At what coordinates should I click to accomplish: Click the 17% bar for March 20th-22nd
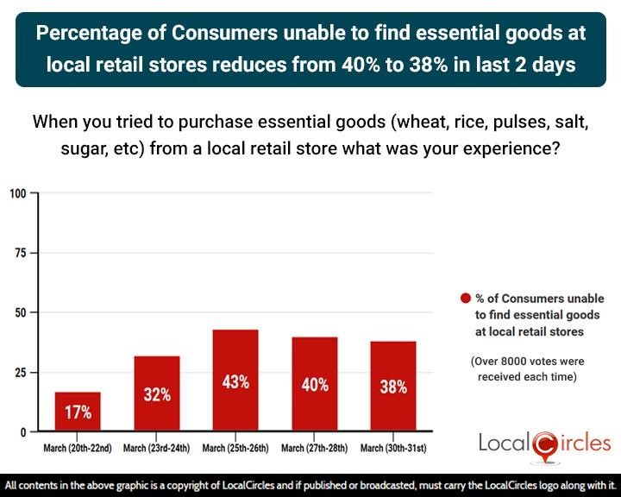coord(78,412)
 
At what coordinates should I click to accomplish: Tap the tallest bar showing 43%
coord(235,381)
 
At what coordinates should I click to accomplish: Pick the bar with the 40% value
coord(315,384)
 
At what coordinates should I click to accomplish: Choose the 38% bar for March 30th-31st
coord(393,387)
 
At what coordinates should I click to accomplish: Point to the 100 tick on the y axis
coord(18,193)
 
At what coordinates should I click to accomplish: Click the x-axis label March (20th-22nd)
coord(78,448)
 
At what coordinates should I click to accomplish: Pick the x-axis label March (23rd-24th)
coord(157,448)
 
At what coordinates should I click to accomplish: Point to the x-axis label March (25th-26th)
coord(235,448)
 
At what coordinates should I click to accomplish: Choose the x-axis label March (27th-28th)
coord(315,448)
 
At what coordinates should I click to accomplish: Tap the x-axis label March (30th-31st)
coord(393,448)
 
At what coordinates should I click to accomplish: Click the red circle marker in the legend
coord(466,299)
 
